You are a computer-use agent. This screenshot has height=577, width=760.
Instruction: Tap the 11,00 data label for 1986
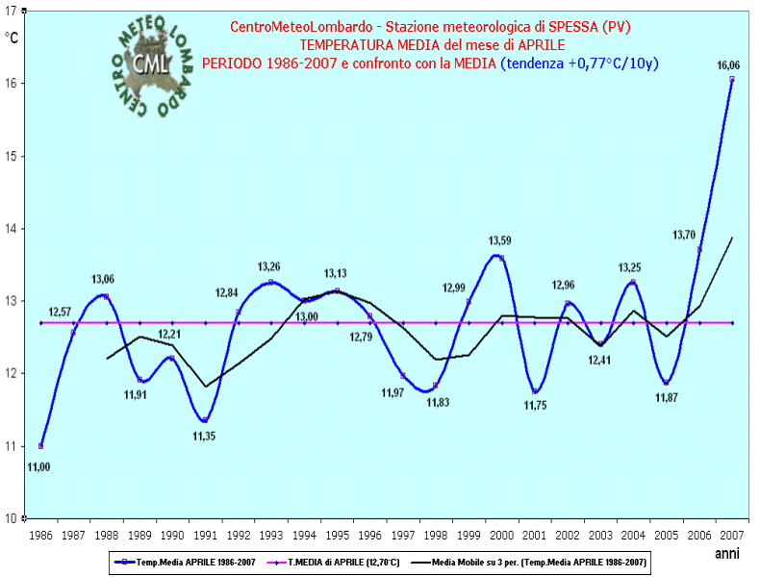point(39,466)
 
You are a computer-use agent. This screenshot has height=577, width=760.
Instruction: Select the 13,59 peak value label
point(499,241)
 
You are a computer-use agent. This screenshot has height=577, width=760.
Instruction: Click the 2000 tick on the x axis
point(501,534)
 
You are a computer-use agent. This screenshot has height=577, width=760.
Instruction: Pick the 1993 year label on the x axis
point(271,534)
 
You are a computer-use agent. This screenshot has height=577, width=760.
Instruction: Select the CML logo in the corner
point(152,60)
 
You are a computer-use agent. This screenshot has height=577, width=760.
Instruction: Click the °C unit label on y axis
point(12,38)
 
